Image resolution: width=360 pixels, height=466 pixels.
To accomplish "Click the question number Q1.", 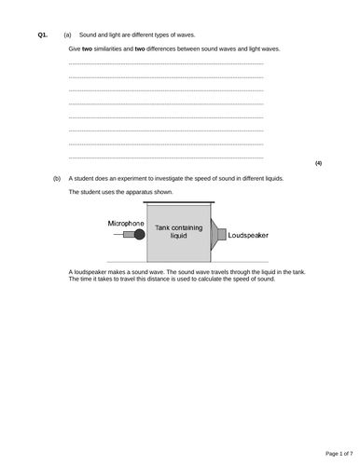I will pyautogui.click(x=43, y=34).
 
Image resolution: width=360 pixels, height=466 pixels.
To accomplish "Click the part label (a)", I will pyautogui.click(x=67, y=34).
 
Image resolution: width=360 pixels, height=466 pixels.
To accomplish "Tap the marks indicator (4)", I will pyautogui.click(x=318, y=163).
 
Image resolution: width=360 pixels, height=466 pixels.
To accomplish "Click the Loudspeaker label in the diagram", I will pyautogui.click(x=248, y=236).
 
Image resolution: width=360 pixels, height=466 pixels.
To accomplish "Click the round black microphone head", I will pyautogui.click(x=140, y=236).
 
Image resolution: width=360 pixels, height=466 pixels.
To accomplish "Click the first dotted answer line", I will pyautogui.click(x=166, y=62).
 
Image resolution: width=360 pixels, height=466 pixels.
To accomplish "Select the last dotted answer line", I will pyautogui.click(x=166, y=158).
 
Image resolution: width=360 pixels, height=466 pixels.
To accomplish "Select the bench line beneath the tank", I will pyautogui.click(x=191, y=261).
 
